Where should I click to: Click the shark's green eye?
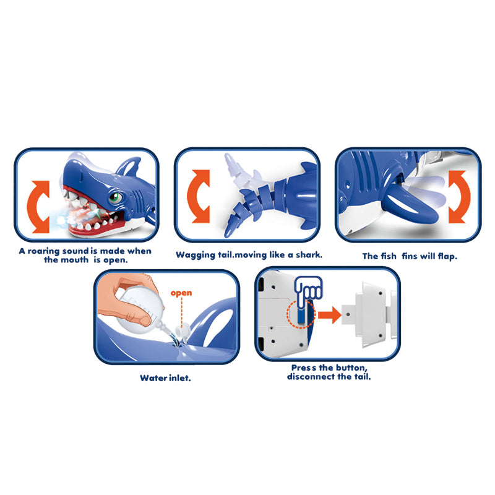114,198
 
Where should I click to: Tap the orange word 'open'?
181,293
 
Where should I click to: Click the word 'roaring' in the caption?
43,251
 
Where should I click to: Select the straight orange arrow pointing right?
329,315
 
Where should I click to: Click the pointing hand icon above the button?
308,290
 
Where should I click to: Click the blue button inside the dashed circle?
301,316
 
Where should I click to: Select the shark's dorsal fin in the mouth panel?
129,166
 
